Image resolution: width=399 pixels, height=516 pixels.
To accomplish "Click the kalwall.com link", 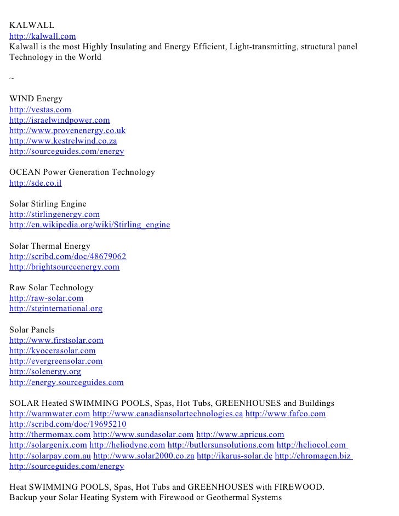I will coord(43,37).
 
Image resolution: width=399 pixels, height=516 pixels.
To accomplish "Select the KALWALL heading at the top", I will coord(32,26).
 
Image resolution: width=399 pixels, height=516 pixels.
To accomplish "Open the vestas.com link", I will coord(41,110).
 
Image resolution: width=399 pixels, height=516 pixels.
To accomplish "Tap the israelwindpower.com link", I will coord(60,120).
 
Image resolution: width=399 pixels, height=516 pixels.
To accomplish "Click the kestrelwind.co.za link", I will coord(64,141).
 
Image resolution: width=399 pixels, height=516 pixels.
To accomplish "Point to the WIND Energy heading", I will coord(36,99).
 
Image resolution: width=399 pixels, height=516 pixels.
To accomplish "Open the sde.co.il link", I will coord(36,183).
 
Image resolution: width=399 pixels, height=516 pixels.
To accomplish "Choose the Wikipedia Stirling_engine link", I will coord(90,225).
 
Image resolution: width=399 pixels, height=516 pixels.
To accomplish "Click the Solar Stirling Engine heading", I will coord(48,204).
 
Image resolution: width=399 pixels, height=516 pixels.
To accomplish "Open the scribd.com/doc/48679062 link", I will coord(68,256).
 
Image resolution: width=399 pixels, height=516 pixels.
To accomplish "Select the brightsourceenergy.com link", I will coord(65,267).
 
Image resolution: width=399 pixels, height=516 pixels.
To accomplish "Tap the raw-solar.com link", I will coord(47,299).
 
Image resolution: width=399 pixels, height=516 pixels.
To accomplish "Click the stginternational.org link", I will coord(56,309).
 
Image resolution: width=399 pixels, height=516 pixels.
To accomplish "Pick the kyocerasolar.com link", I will coord(53,351).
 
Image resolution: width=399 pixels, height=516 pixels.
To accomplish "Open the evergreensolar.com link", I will coord(56,362).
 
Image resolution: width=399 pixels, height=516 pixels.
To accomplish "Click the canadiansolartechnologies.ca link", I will coord(168,414).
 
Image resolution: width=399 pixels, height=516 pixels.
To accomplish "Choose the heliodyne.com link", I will coord(127,445).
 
